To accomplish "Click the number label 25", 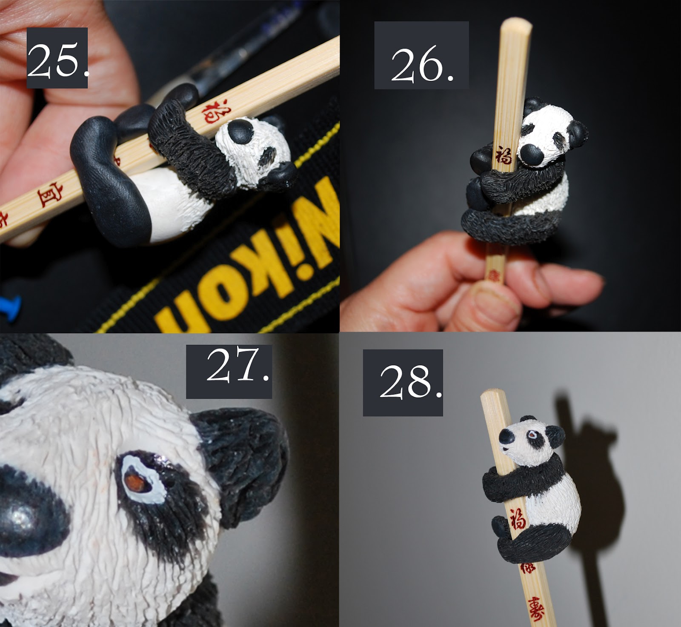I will [x=57, y=58].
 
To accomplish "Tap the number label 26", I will [x=421, y=55].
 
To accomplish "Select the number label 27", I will [x=229, y=372].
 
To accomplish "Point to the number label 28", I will [x=403, y=383].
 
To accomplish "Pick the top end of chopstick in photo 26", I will [x=516, y=26].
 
